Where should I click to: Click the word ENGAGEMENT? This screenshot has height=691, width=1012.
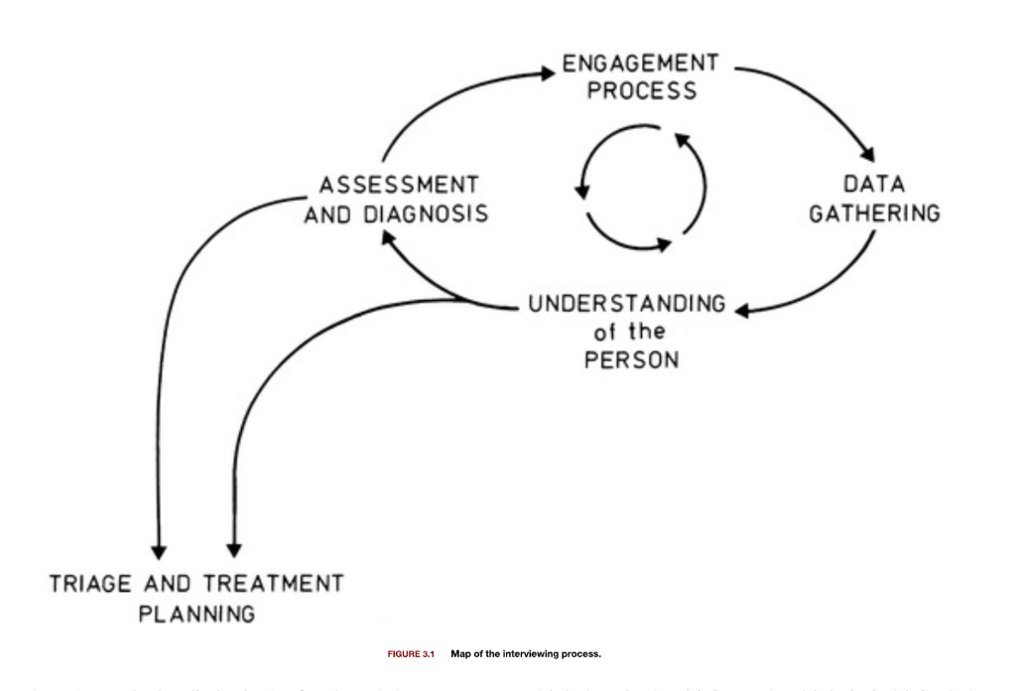point(640,64)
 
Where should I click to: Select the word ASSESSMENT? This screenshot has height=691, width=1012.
point(398,186)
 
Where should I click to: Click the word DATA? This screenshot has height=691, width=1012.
point(873,186)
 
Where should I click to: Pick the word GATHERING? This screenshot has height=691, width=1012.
point(874,213)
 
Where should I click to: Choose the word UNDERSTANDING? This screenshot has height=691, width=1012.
point(626,304)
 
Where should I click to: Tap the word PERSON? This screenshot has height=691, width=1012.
point(631,359)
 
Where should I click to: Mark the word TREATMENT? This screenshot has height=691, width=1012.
point(275,583)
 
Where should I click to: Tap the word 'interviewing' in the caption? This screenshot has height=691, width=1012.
point(543,654)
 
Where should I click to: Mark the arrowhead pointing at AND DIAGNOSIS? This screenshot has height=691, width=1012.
point(391,235)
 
